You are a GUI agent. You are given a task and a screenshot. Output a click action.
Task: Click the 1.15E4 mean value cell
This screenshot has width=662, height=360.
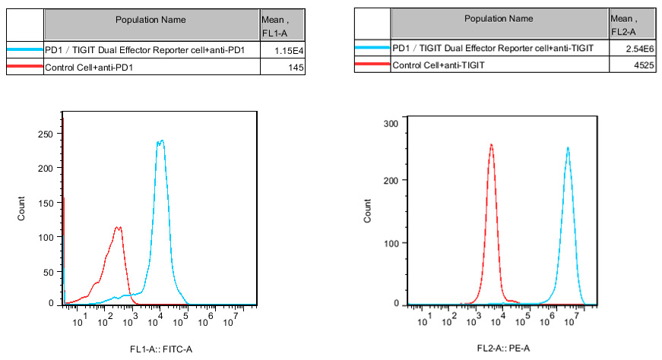point(290,50)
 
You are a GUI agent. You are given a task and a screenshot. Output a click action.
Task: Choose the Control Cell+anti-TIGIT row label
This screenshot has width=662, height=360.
point(439,65)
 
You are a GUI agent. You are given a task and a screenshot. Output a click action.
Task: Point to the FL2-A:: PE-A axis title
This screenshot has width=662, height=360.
point(502,348)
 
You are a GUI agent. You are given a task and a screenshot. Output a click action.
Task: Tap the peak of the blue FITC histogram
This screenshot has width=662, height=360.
point(160,141)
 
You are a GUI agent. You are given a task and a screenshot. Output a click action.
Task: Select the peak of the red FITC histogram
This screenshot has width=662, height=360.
point(118,226)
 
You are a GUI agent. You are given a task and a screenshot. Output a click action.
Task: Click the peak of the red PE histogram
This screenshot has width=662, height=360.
point(491,144)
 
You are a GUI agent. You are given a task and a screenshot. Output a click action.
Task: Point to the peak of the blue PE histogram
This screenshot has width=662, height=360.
point(568,147)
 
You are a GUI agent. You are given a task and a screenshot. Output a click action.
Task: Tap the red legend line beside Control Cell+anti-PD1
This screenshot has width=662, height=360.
point(25,68)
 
